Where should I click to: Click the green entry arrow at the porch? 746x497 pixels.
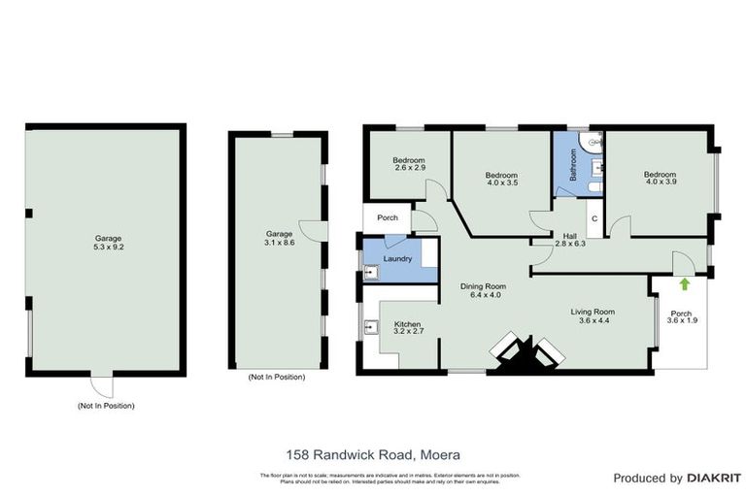(684, 284)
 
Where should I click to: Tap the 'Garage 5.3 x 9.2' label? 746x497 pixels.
(108, 241)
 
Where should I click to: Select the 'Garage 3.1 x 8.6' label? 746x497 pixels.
(279, 239)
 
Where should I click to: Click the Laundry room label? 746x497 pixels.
(397, 259)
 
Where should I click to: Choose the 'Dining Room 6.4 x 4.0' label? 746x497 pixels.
(483, 290)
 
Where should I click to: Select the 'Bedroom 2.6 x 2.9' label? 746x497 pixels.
(409, 164)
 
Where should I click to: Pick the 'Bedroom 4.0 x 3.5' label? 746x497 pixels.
(502, 179)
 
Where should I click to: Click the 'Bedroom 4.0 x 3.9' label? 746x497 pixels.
(661, 179)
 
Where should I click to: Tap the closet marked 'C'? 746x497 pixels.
(593, 218)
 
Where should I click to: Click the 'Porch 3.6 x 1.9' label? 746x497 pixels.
(682, 317)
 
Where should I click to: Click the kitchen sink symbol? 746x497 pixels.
(371, 328)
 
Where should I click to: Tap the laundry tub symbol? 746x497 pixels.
(370, 273)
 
